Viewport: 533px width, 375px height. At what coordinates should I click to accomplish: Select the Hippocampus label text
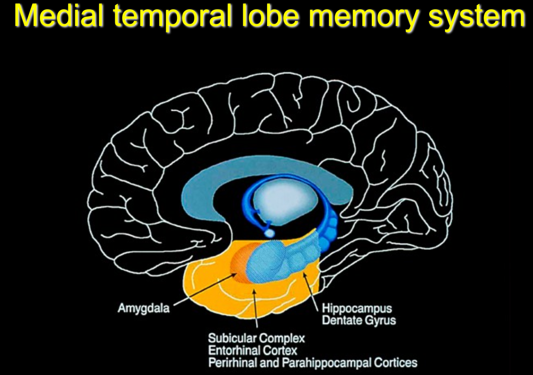point(356,308)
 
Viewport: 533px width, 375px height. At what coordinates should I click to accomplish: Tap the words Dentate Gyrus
point(359,320)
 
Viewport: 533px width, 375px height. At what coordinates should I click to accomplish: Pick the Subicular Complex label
point(256,338)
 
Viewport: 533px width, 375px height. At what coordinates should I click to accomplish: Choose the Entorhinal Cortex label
point(253,350)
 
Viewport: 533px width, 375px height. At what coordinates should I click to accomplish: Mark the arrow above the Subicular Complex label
point(255,310)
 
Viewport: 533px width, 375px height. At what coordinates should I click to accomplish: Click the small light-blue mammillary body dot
point(269,233)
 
